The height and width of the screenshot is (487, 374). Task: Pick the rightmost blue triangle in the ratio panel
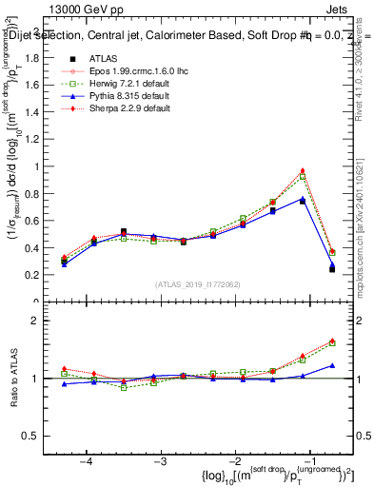pos(331,365)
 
